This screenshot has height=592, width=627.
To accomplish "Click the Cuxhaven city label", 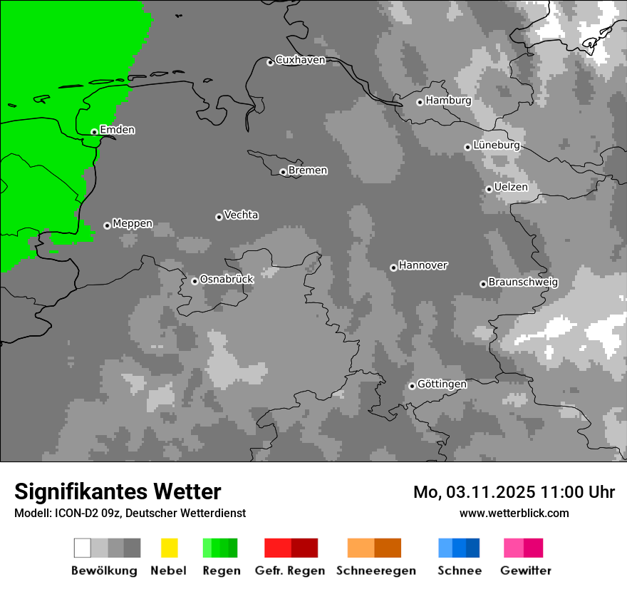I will click(x=300, y=60).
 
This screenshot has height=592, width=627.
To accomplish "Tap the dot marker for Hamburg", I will click(x=420, y=102).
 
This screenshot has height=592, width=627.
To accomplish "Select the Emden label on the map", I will click(x=117, y=130).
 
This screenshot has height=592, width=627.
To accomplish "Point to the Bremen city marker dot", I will click(x=283, y=172).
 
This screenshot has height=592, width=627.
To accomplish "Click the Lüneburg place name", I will click(x=496, y=145).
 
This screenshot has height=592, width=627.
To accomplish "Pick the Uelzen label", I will click(x=511, y=187).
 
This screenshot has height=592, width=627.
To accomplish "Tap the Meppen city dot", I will click(x=107, y=225).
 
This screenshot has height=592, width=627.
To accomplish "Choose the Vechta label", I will click(x=241, y=215).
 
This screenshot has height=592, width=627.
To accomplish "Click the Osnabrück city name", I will click(x=227, y=279).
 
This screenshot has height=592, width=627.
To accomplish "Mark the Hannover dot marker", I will click(x=393, y=267).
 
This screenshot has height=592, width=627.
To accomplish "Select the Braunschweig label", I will click(x=523, y=282).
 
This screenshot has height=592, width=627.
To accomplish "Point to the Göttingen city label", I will click(x=442, y=384).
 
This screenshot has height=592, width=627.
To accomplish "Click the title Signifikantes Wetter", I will click(x=118, y=491).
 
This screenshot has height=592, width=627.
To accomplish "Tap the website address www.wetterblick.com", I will click(x=514, y=513).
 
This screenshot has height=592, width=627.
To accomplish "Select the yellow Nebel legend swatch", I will click(x=169, y=548).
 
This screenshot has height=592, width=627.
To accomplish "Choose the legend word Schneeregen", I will click(x=375, y=571).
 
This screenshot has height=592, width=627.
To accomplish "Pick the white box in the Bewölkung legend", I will click(x=83, y=548).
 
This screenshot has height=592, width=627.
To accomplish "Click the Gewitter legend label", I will click(x=525, y=571).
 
